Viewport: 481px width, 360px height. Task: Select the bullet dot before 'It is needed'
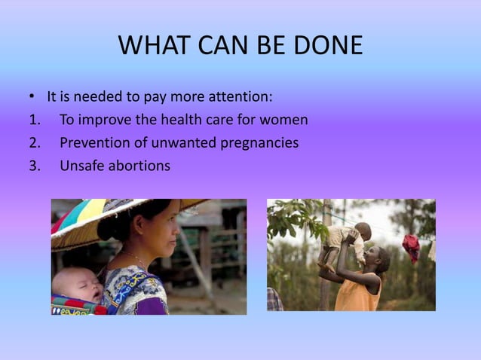pos(31,98)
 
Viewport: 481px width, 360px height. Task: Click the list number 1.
pos(32,120)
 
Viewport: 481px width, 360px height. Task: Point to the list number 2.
pos(33,142)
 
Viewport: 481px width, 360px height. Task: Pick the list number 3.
pos(33,165)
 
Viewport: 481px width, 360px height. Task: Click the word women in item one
pos(286,120)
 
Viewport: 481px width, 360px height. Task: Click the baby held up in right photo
pos(348,242)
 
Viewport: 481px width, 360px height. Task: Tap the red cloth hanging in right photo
pos(410,246)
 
